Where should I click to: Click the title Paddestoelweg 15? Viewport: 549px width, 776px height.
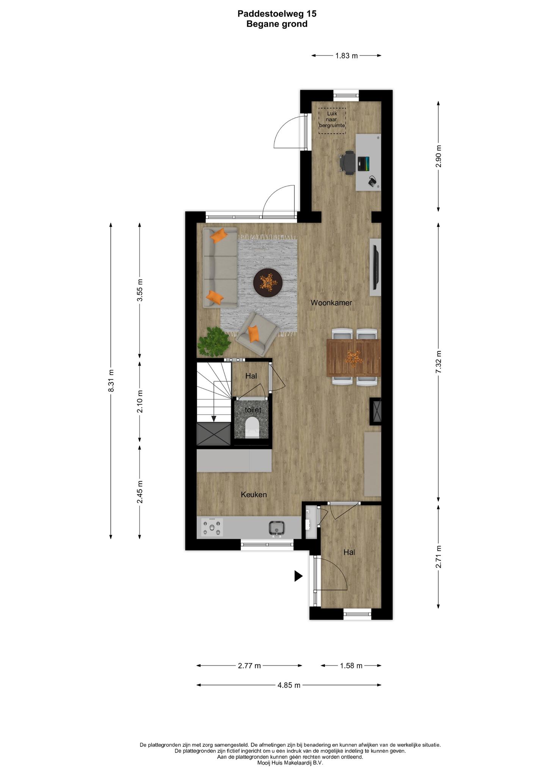click(x=277, y=14)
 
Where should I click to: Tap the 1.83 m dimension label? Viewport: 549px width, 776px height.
click(x=347, y=56)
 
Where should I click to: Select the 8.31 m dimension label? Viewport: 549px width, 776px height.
click(x=111, y=380)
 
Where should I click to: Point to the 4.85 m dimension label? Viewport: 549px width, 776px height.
click(x=289, y=685)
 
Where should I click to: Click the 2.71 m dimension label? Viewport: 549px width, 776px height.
click(x=439, y=557)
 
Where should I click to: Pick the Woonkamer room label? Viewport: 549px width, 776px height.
click(x=331, y=303)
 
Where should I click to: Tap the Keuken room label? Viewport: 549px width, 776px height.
click(x=254, y=494)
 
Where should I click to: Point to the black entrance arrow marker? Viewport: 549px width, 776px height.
click(x=299, y=576)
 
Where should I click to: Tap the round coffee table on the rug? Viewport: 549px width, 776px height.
click(x=268, y=282)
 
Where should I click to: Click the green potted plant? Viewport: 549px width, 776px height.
click(x=214, y=341)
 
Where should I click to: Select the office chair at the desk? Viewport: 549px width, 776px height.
click(x=348, y=163)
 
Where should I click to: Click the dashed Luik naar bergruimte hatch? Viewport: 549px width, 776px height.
click(x=332, y=121)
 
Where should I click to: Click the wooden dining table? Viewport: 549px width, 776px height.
click(x=353, y=357)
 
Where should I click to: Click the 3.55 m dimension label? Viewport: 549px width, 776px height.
click(x=140, y=290)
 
